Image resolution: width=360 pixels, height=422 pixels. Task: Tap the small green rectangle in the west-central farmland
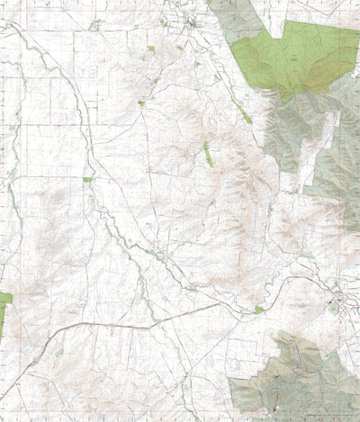(88, 180)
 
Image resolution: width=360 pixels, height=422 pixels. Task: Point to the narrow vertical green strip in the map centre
(207, 154)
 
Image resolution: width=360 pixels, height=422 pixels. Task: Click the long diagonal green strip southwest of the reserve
(244, 113)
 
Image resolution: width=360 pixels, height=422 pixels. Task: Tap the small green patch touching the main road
(259, 310)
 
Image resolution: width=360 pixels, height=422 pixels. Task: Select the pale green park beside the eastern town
(332, 307)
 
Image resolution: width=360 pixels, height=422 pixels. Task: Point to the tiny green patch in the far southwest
(59, 352)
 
